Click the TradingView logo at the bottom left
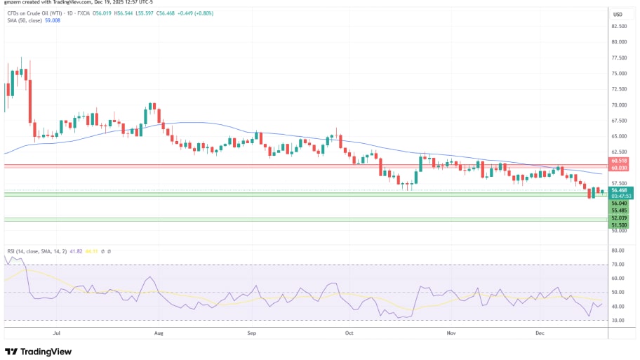(x=40, y=351)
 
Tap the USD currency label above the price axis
(x=618, y=14)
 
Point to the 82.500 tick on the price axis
(x=619, y=27)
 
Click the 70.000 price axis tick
(x=619, y=105)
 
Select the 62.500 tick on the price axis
(x=619, y=152)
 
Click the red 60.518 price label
(x=620, y=161)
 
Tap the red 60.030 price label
(x=620, y=168)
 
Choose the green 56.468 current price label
(x=620, y=189)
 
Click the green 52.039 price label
(x=620, y=218)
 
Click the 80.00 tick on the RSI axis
(x=618, y=251)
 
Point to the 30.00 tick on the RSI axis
(x=618, y=320)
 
